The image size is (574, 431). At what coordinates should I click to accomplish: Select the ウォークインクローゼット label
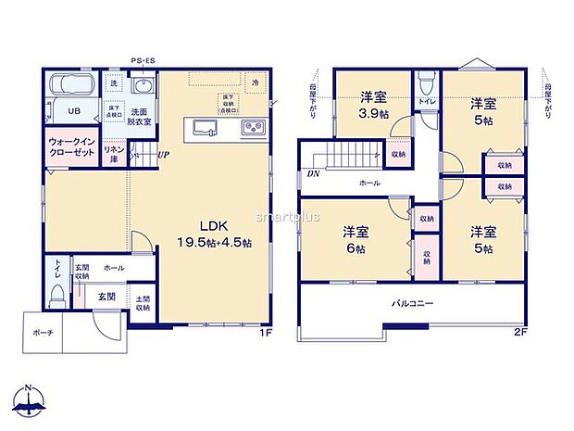point(71,148)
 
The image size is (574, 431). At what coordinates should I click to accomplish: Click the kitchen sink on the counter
point(205,126)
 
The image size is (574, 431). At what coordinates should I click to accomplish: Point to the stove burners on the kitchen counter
point(252,127)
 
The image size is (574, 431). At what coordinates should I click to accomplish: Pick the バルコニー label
point(411,303)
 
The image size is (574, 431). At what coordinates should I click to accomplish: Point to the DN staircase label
point(312,171)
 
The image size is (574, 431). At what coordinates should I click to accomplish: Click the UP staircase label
point(163,155)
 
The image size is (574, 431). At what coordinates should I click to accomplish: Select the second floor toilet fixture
point(425,84)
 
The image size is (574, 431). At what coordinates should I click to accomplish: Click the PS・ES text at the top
point(142,57)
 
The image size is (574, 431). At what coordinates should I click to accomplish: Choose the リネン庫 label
point(114,151)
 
